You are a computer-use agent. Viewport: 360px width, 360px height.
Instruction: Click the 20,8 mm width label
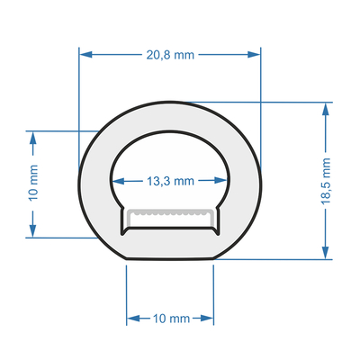pos(170,54)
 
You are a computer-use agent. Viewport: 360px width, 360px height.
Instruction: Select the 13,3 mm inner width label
pos(170,181)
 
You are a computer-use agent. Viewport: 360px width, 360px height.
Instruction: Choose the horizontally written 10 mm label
pos(170,319)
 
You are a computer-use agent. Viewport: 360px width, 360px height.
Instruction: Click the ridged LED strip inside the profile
pos(170,215)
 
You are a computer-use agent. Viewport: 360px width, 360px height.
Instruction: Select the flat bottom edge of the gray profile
pos(170,263)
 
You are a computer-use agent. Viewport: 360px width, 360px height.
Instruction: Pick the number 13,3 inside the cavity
pos(159,181)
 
